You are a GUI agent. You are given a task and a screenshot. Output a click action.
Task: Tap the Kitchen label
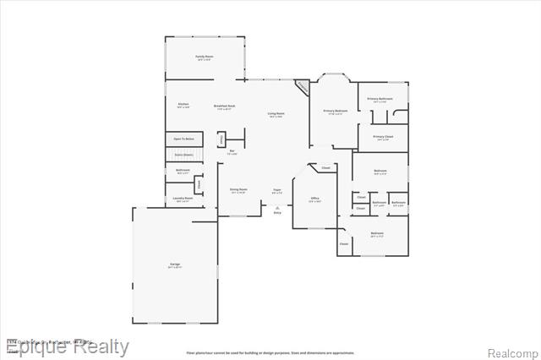183,104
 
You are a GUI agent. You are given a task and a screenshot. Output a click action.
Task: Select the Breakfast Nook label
225,106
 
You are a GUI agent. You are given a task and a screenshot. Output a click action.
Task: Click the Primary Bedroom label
335,111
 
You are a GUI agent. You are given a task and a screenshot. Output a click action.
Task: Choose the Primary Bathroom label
380,99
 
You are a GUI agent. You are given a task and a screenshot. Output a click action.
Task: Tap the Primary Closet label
383,136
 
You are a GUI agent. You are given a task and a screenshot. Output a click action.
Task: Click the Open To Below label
183,138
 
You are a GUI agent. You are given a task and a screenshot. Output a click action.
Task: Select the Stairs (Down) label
183,155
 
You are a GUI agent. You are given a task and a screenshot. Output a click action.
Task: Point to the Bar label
232,151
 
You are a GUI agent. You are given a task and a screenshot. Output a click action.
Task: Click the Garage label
175,265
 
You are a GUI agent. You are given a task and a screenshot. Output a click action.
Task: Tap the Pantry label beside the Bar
221,138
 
